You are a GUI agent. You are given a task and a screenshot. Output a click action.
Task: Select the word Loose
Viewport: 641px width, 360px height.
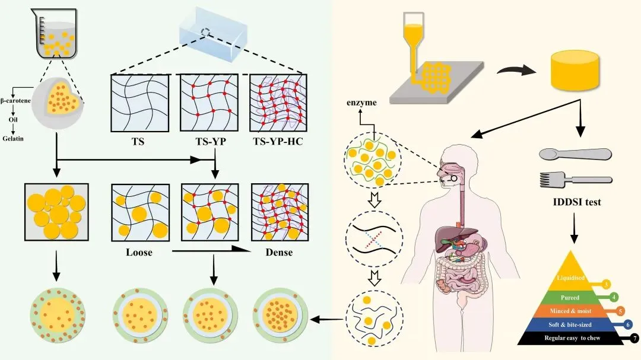pos(139,252)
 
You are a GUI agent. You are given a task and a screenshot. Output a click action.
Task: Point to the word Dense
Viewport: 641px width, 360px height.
pos(275,252)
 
